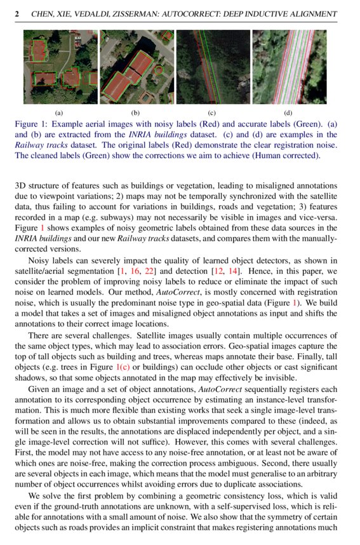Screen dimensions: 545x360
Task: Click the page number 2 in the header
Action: [x=17, y=13]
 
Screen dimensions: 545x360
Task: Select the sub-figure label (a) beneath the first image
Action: [x=59, y=112]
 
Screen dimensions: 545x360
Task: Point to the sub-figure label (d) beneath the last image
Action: [x=288, y=112]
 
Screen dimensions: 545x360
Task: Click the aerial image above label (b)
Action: [x=137, y=67]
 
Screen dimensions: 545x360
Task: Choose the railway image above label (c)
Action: [x=212, y=67]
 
